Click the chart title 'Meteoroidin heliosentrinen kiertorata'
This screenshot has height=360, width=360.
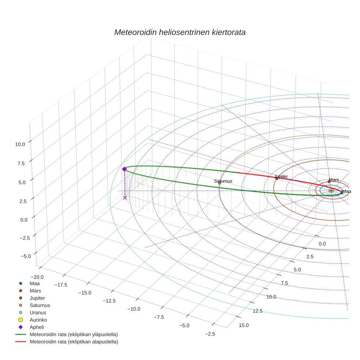[180, 32]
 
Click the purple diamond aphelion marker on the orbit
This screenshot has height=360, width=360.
[124, 169]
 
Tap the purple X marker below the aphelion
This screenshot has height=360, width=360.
[125, 198]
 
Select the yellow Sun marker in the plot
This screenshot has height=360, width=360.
[331, 191]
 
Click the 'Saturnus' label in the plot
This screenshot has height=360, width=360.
[223, 181]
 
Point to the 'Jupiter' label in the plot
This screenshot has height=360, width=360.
[281, 176]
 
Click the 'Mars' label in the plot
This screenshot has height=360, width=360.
[334, 180]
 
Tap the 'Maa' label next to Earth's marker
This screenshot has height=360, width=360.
[346, 191]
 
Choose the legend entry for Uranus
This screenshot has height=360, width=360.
[37, 312]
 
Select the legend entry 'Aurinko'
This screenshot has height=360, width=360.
[38, 320]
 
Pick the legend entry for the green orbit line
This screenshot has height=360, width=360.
[74, 334]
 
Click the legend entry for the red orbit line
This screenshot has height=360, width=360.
[74, 342]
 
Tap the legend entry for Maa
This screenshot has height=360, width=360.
[34, 283]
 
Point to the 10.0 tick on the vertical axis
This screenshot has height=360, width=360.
[20, 144]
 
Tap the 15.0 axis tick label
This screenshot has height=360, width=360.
[244, 325]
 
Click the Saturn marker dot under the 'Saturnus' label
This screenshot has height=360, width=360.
[220, 183]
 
